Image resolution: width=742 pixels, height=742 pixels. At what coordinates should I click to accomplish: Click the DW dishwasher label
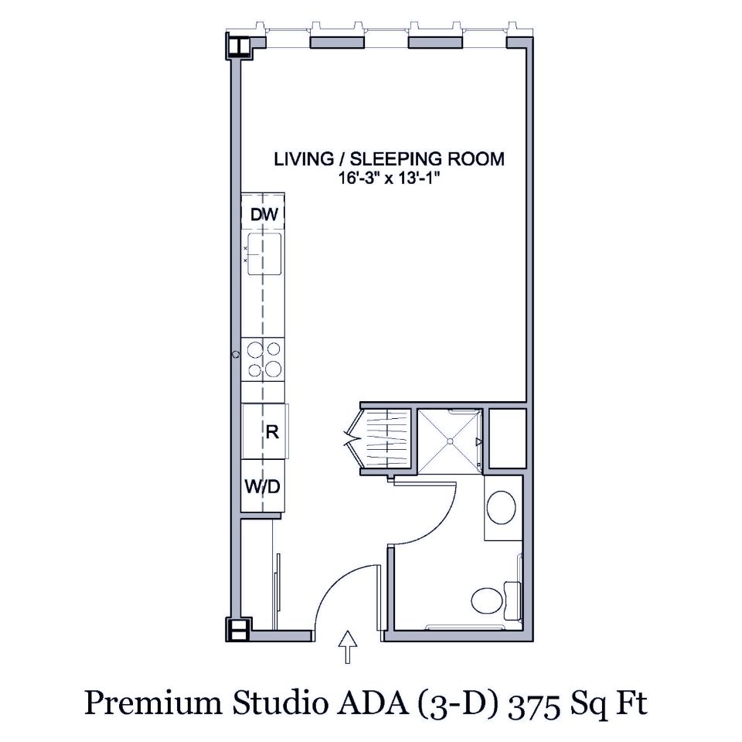263,214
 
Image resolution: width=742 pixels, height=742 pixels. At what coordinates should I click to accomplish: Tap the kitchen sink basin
264,254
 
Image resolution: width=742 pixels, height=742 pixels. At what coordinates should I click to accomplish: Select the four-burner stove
263,359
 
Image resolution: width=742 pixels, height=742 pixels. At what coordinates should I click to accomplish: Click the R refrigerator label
271,431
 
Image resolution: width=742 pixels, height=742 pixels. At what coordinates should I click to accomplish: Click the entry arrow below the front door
349,646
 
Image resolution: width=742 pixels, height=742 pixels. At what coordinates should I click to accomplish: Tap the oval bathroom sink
502,506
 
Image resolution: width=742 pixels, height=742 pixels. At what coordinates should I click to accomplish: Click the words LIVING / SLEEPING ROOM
390,159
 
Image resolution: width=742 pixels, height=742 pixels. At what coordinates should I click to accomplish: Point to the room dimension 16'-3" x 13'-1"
390,178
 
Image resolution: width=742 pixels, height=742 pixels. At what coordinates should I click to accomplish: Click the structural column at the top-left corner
238,47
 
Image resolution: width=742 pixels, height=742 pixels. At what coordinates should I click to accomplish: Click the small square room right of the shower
507,439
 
